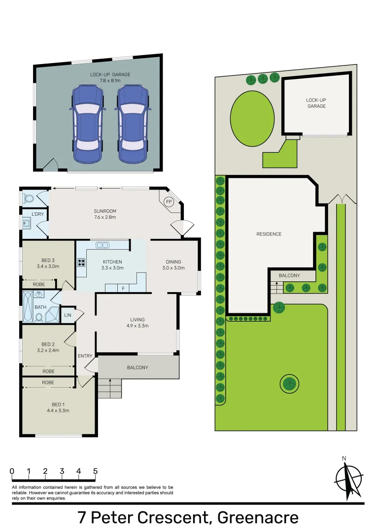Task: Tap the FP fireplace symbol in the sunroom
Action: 169,202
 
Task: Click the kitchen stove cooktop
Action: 81,263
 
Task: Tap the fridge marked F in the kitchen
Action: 123,288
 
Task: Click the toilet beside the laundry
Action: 29,199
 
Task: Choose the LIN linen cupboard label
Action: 68,315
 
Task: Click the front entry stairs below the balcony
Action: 109,388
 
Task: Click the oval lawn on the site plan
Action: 252,118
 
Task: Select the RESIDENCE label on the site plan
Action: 269,234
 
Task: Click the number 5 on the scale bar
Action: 95,471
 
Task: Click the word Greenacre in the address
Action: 258,518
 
